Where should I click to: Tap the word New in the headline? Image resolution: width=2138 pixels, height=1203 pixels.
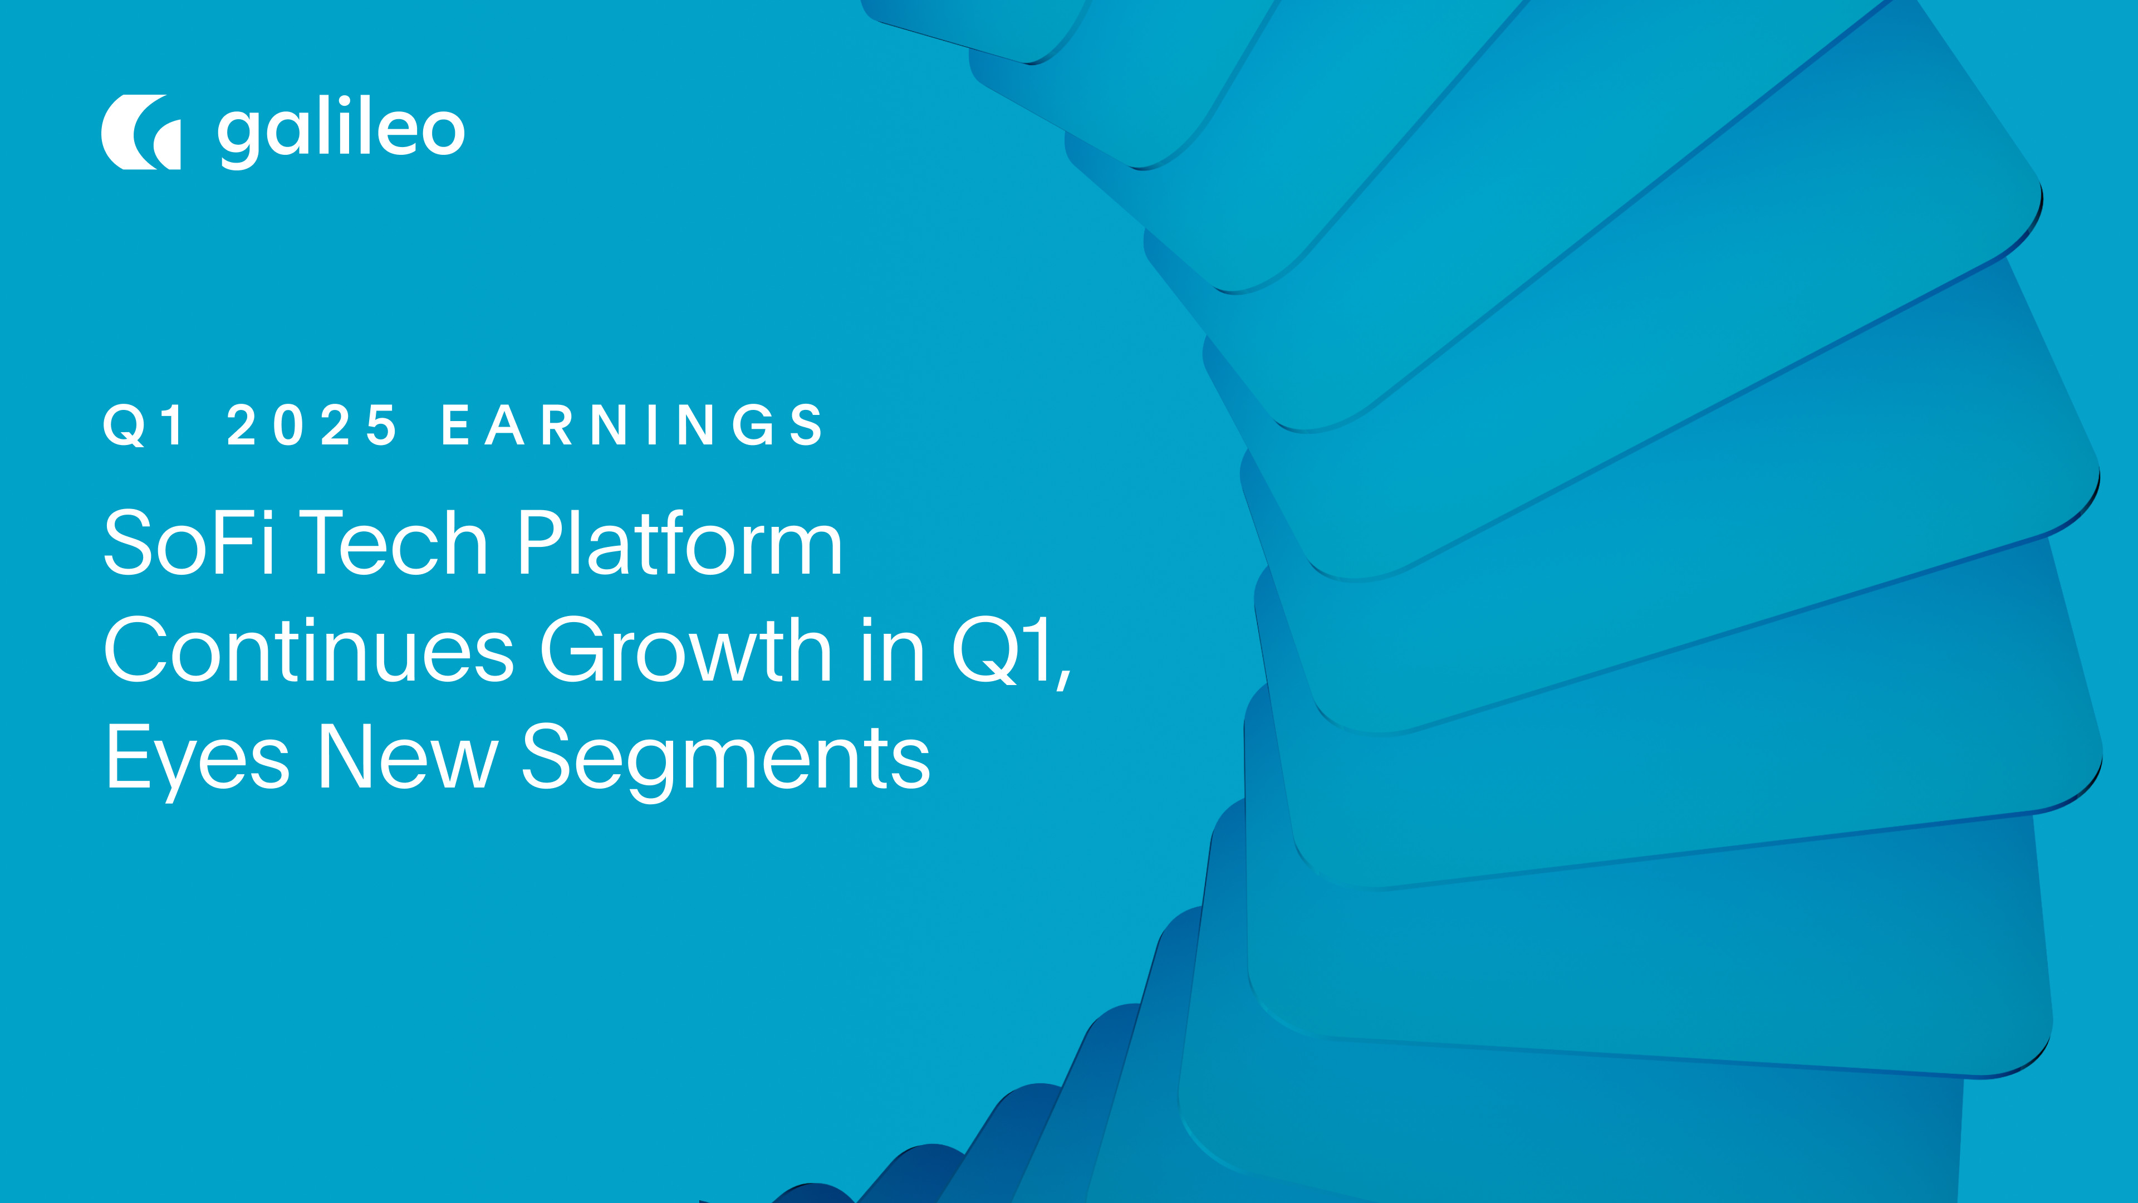pyautogui.click(x=406, y=757)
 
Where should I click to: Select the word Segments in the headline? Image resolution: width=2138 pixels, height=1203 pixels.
pyautogui.click(x=725, y=757)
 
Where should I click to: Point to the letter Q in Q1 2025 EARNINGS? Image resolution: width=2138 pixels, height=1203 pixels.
pyautogui.click(x=125, y=426)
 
